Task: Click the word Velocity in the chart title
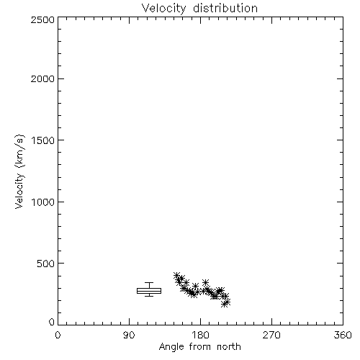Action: (163, 8)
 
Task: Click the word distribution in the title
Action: (225, 8)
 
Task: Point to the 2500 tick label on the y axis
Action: (42, 19)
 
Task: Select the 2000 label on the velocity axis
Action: (42, 78)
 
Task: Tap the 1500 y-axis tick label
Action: (43, 140)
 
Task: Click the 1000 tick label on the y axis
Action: (43, 202)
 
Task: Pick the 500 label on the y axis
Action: (45, 264)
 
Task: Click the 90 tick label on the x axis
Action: (129, 335)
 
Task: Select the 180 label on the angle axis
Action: (200, 335)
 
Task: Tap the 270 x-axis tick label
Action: (271, 335)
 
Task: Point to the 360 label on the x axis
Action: (343, 335)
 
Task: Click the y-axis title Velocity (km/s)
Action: (19, 171)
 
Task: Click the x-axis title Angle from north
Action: (199, 347)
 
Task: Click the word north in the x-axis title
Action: (229, 346)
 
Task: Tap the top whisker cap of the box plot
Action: (149, 283)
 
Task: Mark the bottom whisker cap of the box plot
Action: (149, 296)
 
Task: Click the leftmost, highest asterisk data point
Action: (177, 276)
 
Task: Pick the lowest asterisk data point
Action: (225, 304)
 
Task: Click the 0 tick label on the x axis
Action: (58, 335)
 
